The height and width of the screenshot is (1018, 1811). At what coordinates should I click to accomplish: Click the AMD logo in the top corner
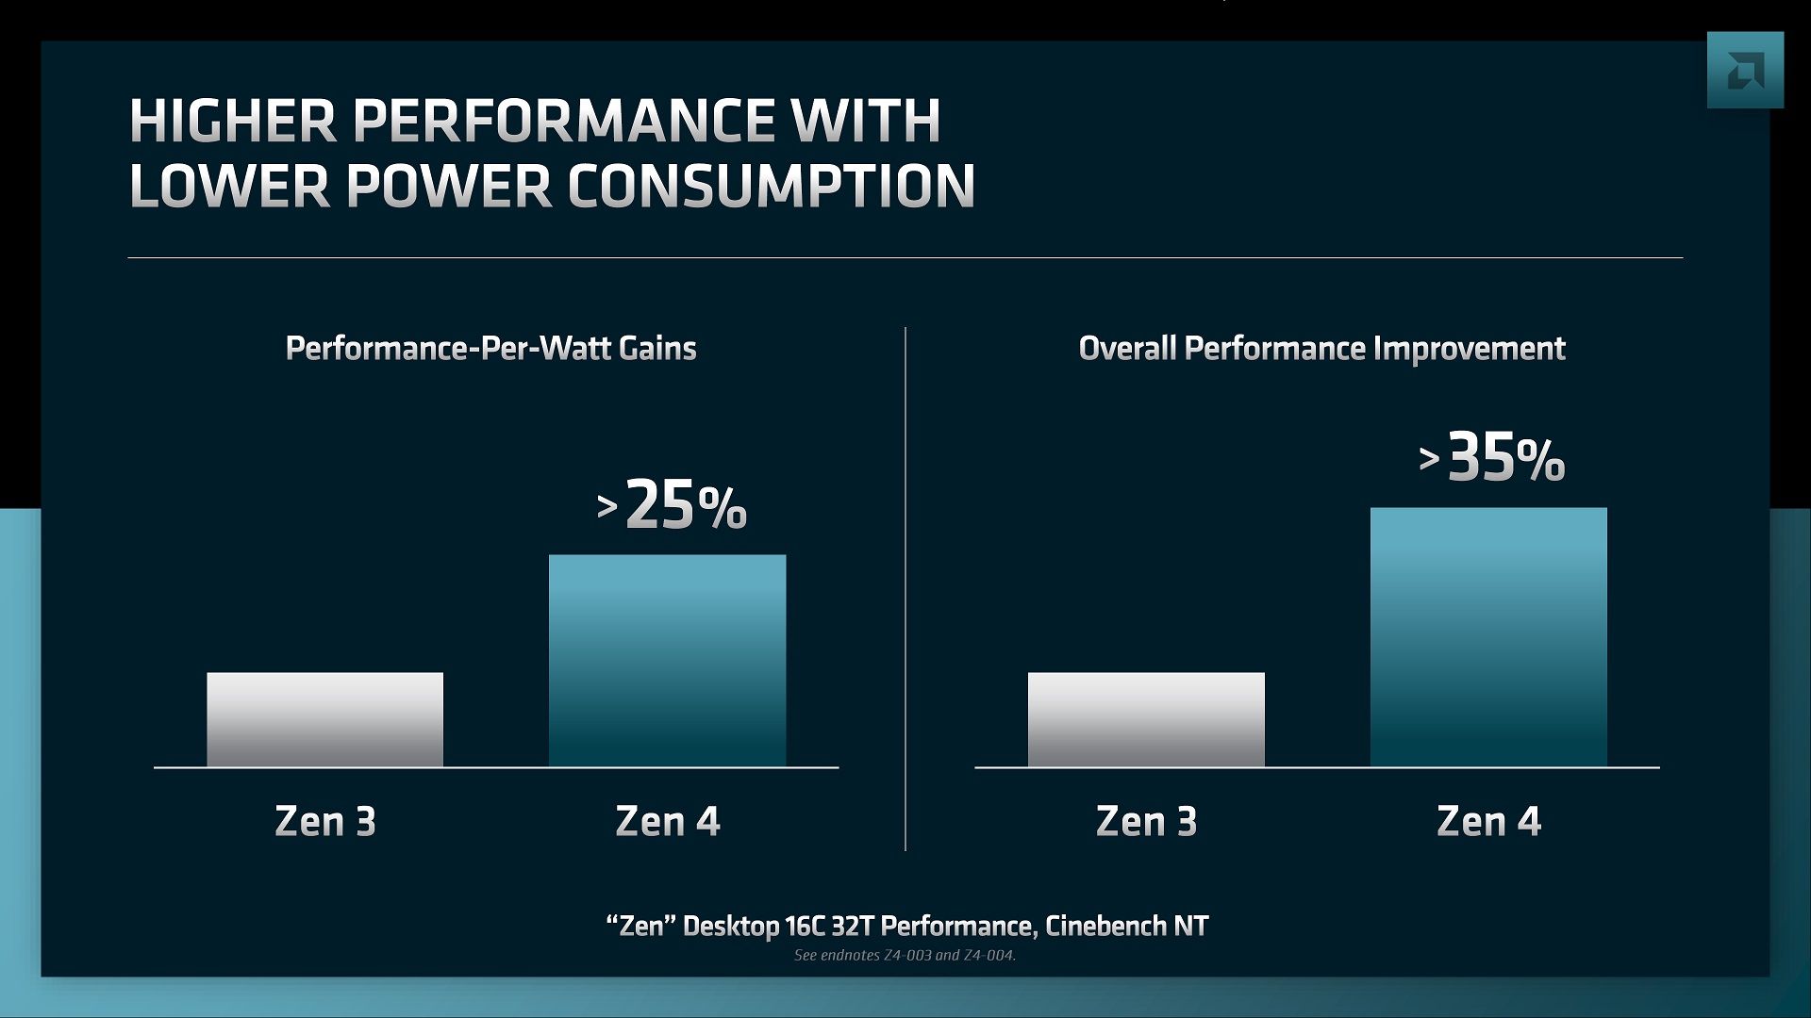point(1745,70)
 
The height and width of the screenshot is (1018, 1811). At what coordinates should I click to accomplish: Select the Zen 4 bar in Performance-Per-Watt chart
point(667,660)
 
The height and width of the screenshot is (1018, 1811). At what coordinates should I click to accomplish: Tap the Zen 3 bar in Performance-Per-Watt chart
point(324,719)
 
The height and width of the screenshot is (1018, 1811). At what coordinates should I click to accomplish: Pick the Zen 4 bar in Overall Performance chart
point(1488,637)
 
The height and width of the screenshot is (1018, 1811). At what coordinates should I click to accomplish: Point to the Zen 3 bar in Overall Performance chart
point(1146,719)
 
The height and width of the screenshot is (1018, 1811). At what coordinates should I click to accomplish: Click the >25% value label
point(672,506)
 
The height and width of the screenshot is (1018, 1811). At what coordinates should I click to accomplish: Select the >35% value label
point(1492,459)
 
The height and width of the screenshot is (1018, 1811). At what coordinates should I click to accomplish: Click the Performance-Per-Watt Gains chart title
point(490,349)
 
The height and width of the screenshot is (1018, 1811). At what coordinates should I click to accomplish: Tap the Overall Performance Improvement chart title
point(1321,349)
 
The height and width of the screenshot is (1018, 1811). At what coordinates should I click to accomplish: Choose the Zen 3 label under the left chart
point(325,821)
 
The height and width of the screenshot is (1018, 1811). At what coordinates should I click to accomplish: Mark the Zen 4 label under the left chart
point(668,821)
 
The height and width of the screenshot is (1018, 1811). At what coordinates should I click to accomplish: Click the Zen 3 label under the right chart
point(1146,821)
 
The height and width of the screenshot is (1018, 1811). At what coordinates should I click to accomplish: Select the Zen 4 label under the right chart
point(1488,821)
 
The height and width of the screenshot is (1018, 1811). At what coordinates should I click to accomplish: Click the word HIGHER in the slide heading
point(232,121)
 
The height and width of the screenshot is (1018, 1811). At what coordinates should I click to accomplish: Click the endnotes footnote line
point(905,955)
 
